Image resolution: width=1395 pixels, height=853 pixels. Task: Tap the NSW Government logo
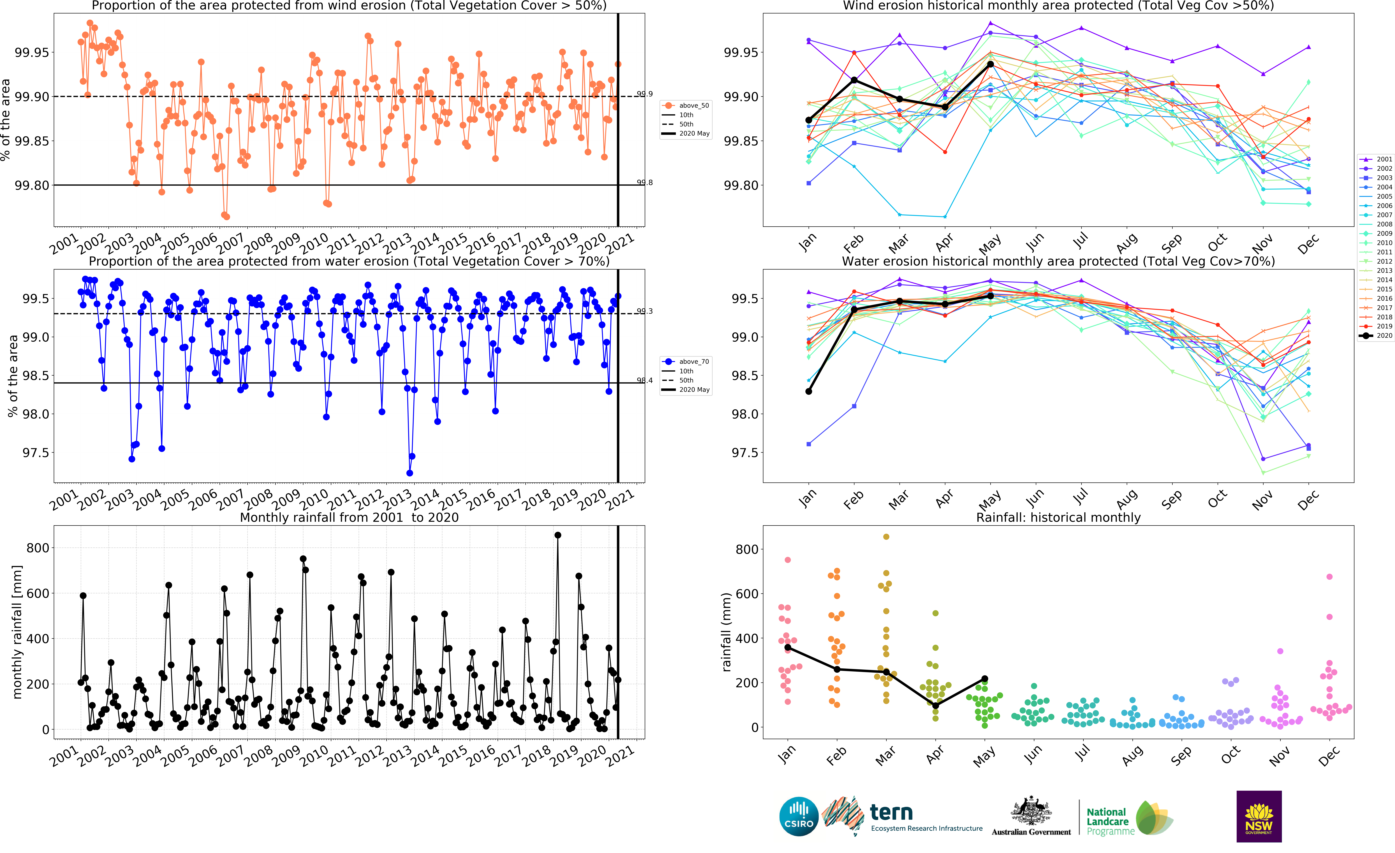[1258, 816]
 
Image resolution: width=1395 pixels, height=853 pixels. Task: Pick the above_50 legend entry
[686, 105]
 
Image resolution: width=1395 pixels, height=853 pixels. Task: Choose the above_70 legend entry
[686, 361]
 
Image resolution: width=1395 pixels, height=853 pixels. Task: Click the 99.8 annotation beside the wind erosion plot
[644, 182]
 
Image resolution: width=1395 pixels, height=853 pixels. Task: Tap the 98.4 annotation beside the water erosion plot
[644, 381]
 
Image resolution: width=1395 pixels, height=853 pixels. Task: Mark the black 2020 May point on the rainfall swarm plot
[985, 679]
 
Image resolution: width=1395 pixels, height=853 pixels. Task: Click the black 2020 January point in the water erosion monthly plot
[808, 391]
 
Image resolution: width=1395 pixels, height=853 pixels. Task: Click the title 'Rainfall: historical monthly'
[1058, 517]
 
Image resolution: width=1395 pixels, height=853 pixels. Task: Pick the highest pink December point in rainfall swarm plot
[1329, 577]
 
